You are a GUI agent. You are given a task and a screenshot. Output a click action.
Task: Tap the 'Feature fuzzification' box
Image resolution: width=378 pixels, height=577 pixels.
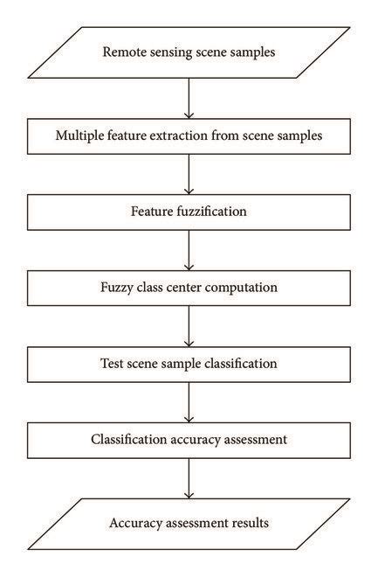[189, 211]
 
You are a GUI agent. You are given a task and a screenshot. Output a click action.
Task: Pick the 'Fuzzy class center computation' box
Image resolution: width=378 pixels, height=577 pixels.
[189, 287]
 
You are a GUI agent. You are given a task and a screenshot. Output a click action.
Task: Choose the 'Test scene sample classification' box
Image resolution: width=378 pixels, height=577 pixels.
[189, 363]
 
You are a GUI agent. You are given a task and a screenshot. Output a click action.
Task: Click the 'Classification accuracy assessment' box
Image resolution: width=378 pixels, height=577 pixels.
[189, 439]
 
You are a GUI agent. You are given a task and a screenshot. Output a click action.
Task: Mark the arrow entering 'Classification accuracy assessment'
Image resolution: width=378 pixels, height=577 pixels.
[189, 401]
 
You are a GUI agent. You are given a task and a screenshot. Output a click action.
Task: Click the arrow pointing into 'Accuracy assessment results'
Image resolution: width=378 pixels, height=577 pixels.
[189, 478]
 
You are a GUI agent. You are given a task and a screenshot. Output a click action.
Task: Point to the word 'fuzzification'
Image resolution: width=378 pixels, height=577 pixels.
[211, 211]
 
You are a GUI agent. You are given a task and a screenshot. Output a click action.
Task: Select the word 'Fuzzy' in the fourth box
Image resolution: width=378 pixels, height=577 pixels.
[119, 287]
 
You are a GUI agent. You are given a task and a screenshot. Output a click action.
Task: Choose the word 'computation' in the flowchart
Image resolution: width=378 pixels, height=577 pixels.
[231, 287]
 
